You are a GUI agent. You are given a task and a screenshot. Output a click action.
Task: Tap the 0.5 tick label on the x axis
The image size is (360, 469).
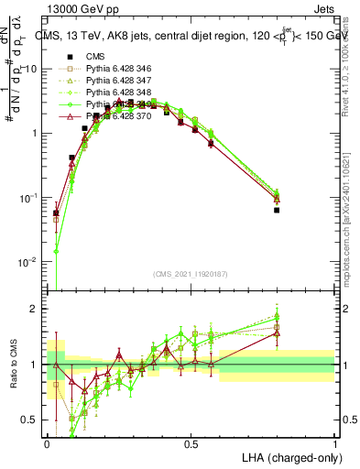pos(191,444)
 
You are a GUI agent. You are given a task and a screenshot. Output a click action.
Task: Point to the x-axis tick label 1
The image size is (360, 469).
pos(334,444)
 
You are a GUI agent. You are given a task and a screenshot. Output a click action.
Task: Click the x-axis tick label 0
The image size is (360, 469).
pos(47,444)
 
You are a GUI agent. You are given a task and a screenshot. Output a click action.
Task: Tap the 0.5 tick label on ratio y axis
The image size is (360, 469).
pos(29,420)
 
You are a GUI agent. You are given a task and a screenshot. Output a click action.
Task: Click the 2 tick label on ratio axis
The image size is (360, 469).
pos(35,309)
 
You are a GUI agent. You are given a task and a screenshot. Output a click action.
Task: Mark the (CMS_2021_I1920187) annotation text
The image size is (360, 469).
pos(190,273)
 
